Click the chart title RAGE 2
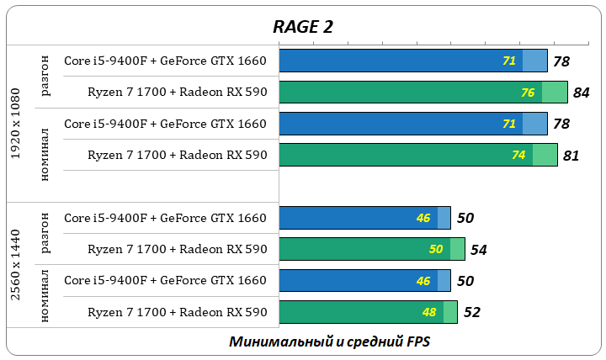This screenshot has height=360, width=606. click(x=302, y=26)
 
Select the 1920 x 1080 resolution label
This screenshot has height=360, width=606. click(x=16, y=123)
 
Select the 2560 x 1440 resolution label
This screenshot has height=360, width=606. click(x=16, y=265)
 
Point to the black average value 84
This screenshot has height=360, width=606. click(x=581, y=93)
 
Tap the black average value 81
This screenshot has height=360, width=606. click(x=571, y=156)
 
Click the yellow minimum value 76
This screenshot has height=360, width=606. click(x=528, y=93)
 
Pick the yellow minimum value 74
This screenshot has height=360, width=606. click(x=518, y=156)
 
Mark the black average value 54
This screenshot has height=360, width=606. click(x=479, y=250)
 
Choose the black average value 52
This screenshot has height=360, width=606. click(x=472, y=313)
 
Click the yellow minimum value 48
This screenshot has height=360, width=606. click(x=428, y=313)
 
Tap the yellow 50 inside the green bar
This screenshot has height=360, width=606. click(x=435, y=250)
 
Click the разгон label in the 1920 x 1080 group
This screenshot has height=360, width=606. click(x=45, y=77)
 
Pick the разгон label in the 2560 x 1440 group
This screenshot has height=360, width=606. click(x=45, y=234)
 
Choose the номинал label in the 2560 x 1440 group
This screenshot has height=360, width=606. click(x=45, y=297)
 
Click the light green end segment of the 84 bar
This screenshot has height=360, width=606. click(x=555, y=93)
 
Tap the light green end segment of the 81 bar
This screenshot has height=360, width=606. click(x=545, y=156)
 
